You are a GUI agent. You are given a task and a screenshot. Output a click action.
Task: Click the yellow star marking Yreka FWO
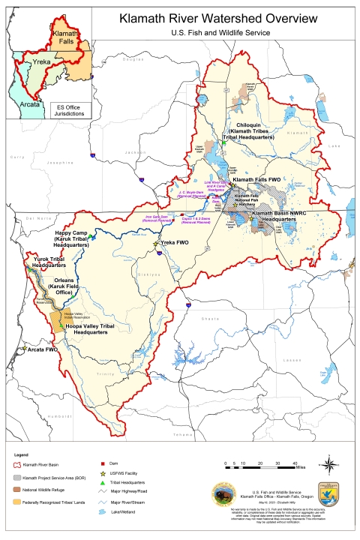[x=156, y=244]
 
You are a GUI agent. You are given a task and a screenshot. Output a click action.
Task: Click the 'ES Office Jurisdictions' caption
[x=71, y=110]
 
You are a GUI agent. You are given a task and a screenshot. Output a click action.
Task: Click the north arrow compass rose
[x=331, y=463]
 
